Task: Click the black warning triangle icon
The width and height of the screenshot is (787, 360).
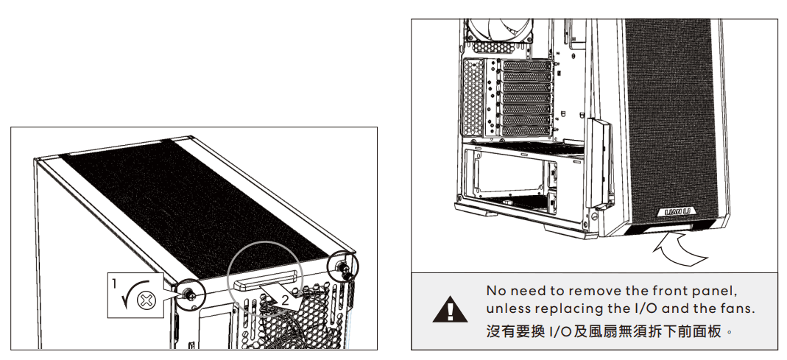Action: point(451,309)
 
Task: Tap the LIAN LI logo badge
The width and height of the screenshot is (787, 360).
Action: point(680,212)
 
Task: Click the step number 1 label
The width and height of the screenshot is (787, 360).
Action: point(114,284)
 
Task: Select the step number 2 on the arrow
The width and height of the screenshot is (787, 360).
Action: point(285,301)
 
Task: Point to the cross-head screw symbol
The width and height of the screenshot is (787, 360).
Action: point(147,301)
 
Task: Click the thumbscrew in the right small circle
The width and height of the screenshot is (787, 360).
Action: point(345,269)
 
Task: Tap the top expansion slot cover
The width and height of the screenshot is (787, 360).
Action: point(526,66)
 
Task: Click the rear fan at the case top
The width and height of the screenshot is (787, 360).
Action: point(498,30)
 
